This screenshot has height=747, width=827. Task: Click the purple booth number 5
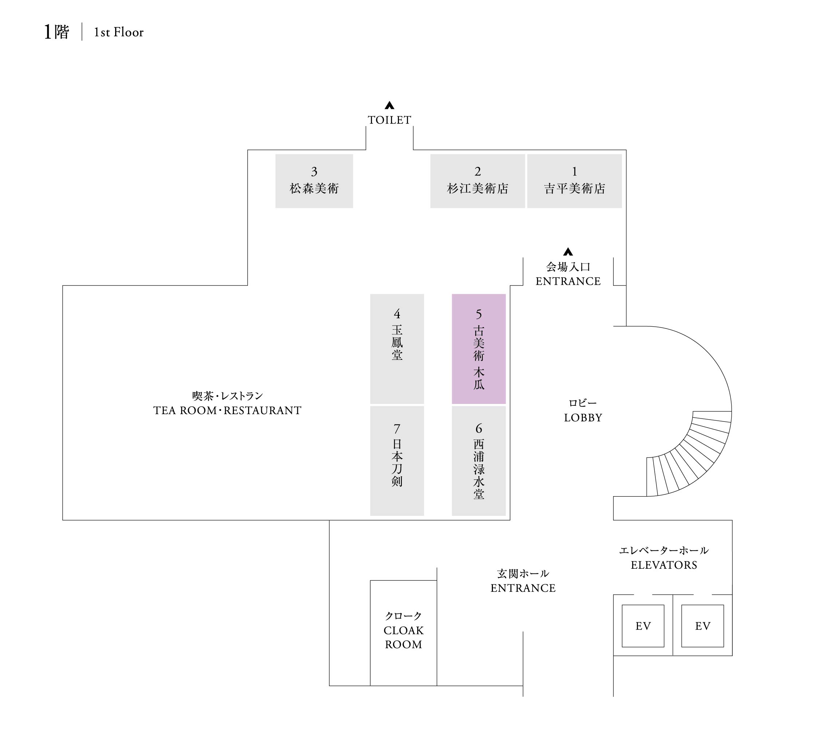(478, 349)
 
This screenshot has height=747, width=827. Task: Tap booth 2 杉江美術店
(478, 181)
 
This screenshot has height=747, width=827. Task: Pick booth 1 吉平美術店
(574, 181)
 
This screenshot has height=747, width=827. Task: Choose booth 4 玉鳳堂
(397, 349)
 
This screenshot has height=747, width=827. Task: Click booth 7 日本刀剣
(397, 460)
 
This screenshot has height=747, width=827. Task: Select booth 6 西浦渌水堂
(478, 460)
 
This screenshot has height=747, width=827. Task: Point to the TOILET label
(389, 120)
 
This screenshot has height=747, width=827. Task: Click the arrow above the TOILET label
(389, 105)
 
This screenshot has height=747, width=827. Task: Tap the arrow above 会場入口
(568, 252)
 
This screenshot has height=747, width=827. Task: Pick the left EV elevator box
(643, 626)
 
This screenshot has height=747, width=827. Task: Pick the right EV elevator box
(702, 626)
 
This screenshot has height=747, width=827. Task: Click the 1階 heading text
(56, 32)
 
